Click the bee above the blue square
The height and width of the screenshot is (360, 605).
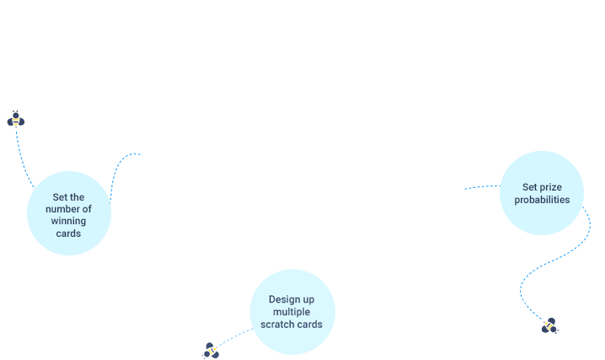tap(15, 119)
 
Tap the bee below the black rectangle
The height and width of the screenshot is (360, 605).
tap(550, 325)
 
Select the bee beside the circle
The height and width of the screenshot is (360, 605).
tap(211, 350)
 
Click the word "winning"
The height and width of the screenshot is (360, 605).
tap(68, 221)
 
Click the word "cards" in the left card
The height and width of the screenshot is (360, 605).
tap(68, 233)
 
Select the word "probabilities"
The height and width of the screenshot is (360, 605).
tap(541, 200)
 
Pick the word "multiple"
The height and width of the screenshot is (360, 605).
tap(292, 312)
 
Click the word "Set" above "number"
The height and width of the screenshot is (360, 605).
tap(59, 197)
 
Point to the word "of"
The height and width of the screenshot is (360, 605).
tap(87, 209)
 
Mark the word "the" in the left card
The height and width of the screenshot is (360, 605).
tap(78, 197)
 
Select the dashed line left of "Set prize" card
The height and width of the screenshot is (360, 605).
tap(481, 186)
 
